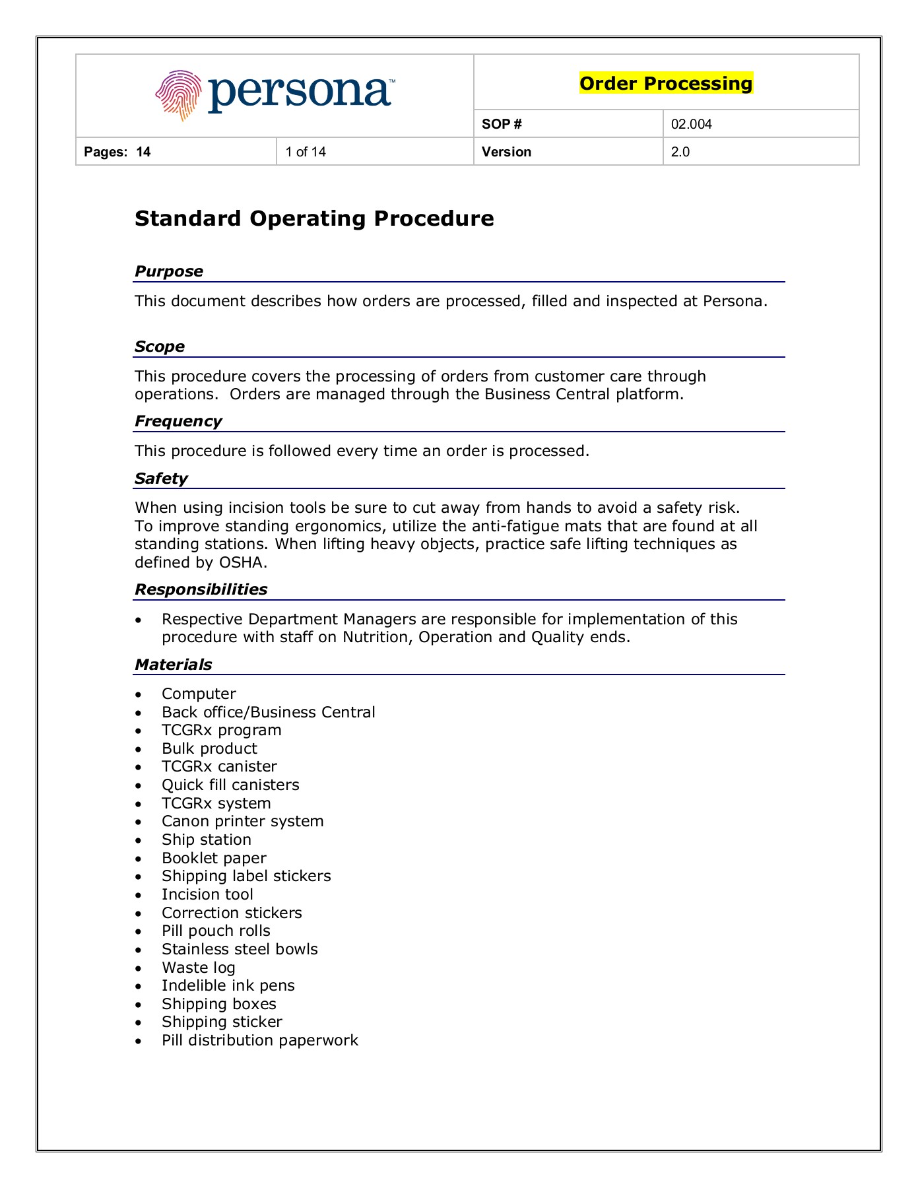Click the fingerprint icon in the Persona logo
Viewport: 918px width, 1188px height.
point(179,95)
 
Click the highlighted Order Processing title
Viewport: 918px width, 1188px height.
point(665,83)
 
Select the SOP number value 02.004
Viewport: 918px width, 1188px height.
point(691,124)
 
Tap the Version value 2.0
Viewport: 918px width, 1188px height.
point(680,152)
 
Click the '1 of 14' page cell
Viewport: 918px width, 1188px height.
point(306,152)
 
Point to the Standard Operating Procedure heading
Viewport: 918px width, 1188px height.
point(314,218)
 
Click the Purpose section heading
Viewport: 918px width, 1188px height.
point(169,271)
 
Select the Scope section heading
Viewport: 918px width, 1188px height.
point(160,346)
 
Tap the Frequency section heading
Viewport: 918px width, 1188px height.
point(178,421)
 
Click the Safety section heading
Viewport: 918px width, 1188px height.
point(161,478)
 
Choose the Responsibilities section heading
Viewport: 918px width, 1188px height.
point(201,589)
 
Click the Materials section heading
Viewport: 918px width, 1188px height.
point(174,665)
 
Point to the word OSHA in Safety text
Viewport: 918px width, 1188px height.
point(242,562)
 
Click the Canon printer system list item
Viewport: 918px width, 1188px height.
point(242,821)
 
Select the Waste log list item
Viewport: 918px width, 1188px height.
point(198,968)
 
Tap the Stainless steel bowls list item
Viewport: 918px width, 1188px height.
point(240,949)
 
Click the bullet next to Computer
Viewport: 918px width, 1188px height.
point(138,694)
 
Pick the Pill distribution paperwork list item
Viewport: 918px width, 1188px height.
point(260,1040)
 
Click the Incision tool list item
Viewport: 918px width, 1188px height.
point(207,894)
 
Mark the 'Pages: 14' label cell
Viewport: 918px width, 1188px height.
point(117,152)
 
